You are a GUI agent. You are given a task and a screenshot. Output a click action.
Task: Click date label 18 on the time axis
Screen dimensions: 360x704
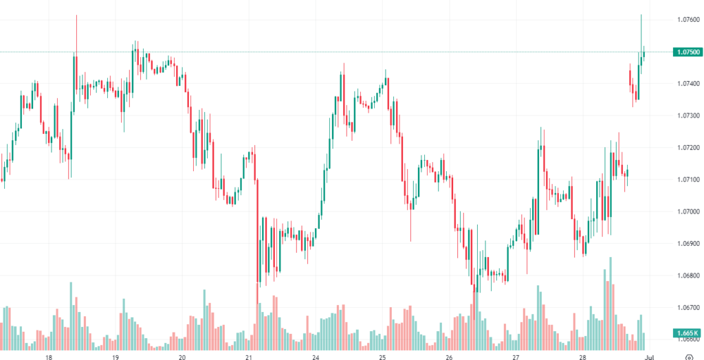point(49,357)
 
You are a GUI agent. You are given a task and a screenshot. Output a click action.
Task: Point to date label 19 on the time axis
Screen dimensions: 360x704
point(115,357)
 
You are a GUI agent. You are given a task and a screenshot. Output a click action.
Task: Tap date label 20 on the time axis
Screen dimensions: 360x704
point(182,357)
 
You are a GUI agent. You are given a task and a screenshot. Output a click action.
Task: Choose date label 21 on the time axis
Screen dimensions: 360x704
point(249,357)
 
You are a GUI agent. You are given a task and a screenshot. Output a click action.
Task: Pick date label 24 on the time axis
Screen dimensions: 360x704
point(316,357)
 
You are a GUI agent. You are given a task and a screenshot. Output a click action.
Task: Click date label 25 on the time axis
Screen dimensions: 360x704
point(382,357)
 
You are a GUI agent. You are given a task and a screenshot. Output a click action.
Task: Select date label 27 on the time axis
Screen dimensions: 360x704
point(516,357)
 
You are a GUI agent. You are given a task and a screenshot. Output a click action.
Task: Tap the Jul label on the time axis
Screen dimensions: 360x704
point(648,357)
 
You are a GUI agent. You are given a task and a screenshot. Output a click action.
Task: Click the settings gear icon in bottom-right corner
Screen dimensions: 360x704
point(689,357)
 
